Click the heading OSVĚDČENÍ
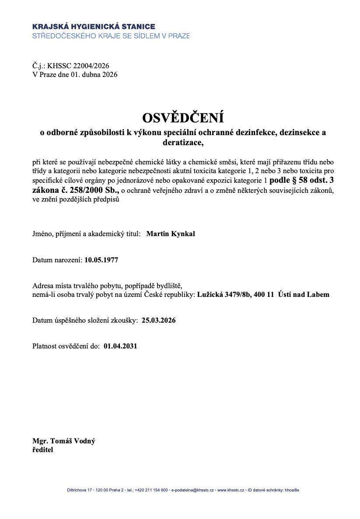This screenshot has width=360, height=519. point(183,118)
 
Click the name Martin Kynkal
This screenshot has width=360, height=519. point(171,234)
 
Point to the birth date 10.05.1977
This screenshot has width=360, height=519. point(101,260)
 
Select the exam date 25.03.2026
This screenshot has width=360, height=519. point(159,320)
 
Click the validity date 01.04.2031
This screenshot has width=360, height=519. point(121,346)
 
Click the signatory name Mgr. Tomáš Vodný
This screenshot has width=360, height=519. point(64,441)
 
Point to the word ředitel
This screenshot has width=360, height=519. point(43,449)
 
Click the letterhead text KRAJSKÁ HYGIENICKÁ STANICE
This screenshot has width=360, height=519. point(94,27)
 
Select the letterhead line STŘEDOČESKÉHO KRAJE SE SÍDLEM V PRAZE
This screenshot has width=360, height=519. point(111,35)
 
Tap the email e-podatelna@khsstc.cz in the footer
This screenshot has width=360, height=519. point(192,490)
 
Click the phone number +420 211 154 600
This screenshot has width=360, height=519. point(151,490)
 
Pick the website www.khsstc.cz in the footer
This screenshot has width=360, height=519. point(231,490)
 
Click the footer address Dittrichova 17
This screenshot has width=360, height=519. point(79,490)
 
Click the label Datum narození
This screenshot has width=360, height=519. point(57,260)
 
